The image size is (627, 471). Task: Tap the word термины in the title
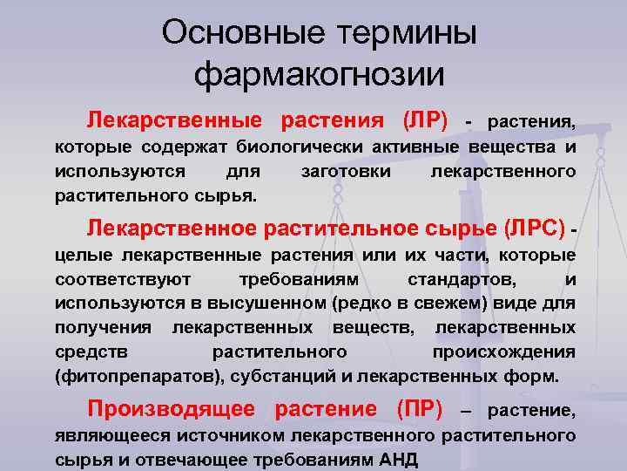pos(400,34)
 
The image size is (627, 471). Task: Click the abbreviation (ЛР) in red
pos(425,119)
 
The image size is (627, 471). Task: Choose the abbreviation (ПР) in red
pos(419,408)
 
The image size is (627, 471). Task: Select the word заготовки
pos(346,171)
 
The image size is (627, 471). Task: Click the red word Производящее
pos(171,408)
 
